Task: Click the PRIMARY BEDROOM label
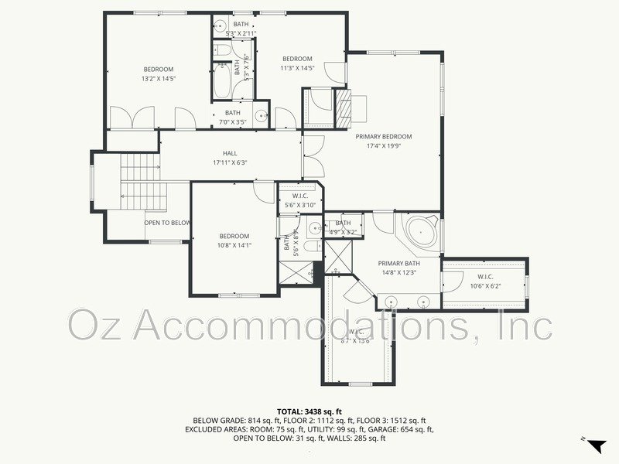coord(384,137)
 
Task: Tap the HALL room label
coord(230,153)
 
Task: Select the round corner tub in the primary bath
coord(420,232)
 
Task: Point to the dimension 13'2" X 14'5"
coord(159,78)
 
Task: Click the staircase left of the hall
coord(139,178)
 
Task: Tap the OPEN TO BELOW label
coord(167,223)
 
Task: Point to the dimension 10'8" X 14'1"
coord(234,245)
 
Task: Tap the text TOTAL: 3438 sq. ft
coord(309,411)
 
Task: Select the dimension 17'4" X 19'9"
coord(384,145)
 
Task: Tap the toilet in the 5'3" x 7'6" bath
coord(223,50)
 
